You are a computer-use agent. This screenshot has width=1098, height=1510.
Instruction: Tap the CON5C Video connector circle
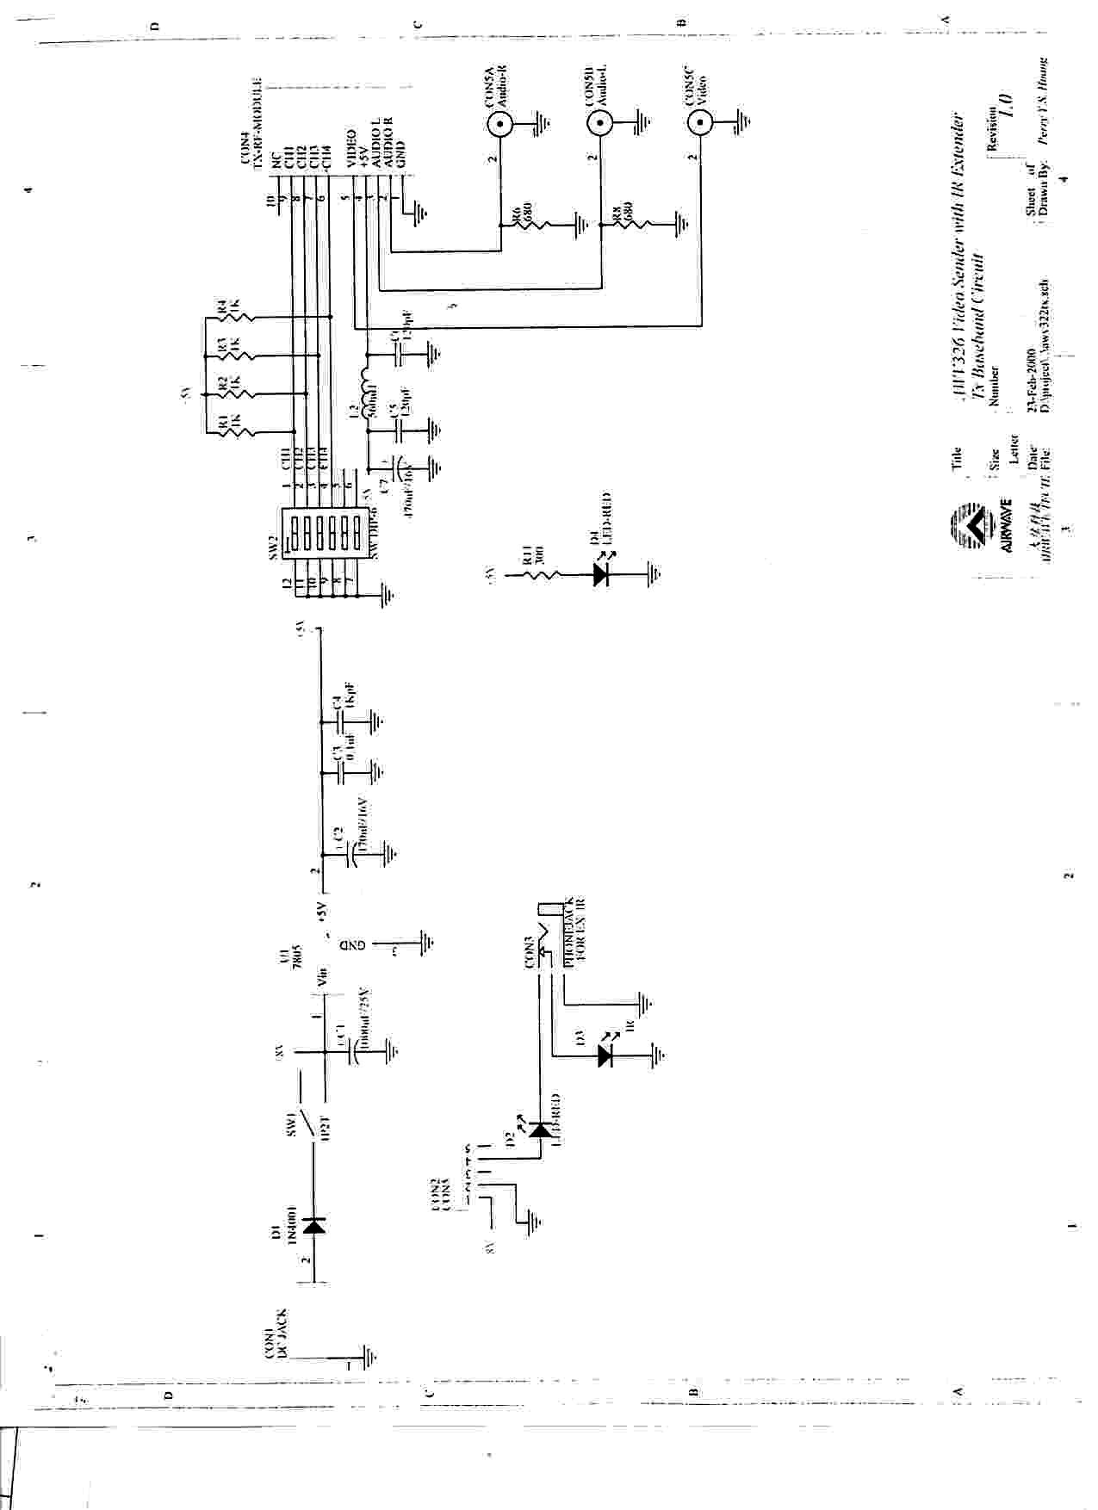pyautogui.click(x=700, y=125)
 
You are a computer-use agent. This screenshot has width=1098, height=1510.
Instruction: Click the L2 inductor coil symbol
pyautogui.click(x=365, y=393)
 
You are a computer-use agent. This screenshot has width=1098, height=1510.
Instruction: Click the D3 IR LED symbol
pyautogui.click(x=608, y=1054)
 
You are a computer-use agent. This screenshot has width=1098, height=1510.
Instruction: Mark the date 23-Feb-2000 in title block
pyautogui.click(x=1032, y=378)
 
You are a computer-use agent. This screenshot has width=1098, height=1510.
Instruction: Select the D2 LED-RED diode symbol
pyautogui.click(x=539, y=1129)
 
